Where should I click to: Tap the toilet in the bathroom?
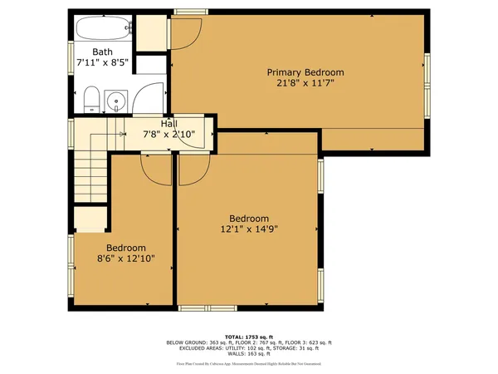90,101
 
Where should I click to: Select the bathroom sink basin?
116,102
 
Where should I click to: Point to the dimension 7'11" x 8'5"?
103,62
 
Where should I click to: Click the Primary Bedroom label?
305,72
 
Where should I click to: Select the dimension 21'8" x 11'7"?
305,83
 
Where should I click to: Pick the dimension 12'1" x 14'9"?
249,229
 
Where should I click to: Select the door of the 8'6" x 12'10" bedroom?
155,170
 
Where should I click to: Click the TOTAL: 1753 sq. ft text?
249,336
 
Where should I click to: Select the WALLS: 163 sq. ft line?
249,355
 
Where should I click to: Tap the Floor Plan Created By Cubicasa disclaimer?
249,364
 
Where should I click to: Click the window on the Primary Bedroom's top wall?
190,11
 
